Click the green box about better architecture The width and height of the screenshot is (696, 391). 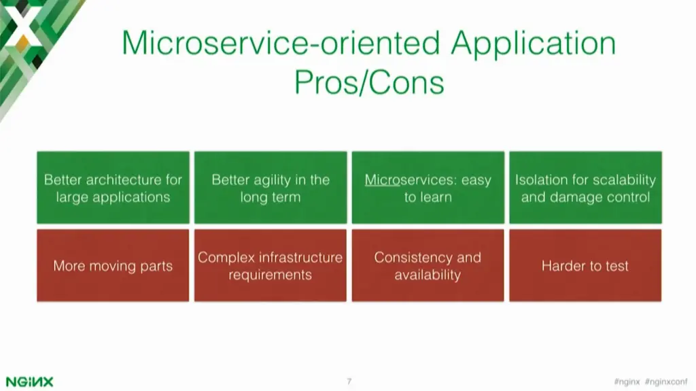(x=113, y=188)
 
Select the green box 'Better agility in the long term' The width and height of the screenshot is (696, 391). (x=270, y=188)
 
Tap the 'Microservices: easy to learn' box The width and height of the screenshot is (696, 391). (x=428, y=188)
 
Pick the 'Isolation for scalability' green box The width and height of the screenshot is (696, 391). (x=585, y=188)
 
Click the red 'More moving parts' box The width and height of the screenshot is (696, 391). (x=113, y=265)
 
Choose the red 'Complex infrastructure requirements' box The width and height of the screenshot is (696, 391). (x=270, y=265)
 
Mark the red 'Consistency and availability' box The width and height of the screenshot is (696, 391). (x=428, y=265)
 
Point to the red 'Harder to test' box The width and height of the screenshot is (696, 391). (x=585, y=265)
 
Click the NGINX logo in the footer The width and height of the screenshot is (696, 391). (x=29, y=381)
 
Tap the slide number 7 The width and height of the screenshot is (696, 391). (x=349, y=381)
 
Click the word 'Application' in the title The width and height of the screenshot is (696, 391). (x=534, y=44)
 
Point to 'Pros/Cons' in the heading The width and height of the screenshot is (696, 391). (x=368, y=82)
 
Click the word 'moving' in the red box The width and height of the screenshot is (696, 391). (x=113, y=266)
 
